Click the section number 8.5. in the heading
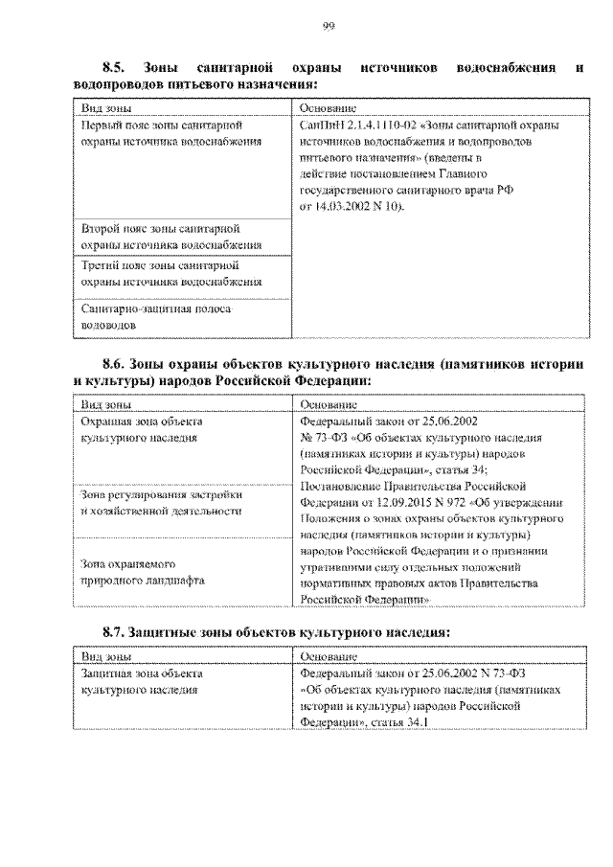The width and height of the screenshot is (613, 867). (x=114, y=68)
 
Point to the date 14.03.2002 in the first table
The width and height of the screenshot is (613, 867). (x=342, y=206)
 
